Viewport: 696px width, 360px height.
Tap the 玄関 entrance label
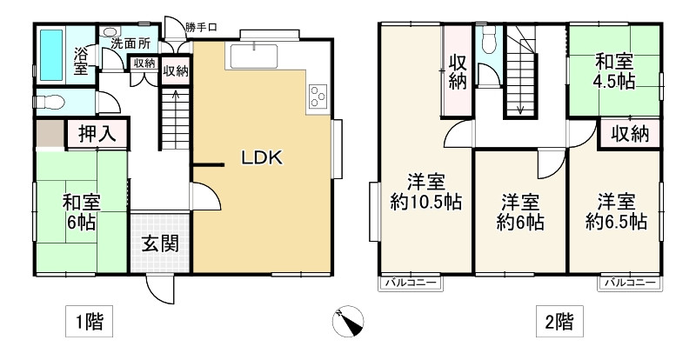[160, 241]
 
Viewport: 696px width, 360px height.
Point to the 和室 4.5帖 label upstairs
[615, 73]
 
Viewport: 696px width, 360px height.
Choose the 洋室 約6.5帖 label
[615, 211]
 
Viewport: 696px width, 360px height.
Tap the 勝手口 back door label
[201, 27]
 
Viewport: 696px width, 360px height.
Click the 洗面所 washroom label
[128, 43]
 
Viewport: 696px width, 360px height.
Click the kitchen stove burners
[316, 96]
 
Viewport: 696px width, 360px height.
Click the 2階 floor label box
[559, 323]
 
